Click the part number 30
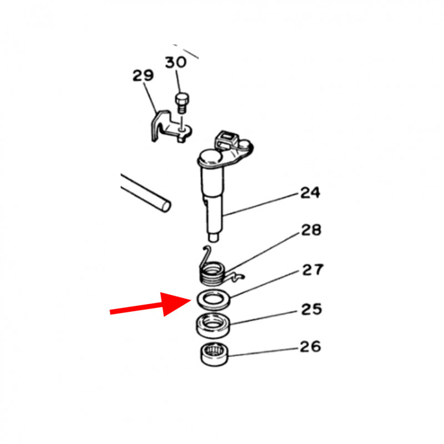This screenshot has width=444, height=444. click(176, 62)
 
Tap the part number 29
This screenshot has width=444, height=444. click(143, 75)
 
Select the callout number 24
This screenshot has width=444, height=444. click(310, 193)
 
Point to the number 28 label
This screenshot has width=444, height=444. click(311, 230)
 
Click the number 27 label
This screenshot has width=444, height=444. click(312, 270)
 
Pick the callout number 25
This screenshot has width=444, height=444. click(311, 309)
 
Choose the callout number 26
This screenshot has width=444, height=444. click(310, 346)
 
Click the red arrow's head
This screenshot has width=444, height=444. click(176, 304)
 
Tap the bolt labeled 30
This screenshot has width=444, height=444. click(182, 103)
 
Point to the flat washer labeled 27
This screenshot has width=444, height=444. click(213, 300)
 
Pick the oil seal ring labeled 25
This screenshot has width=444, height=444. click(213, 326)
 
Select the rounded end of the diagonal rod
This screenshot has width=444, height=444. click(165, 205)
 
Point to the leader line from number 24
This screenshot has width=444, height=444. click(261, 204)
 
